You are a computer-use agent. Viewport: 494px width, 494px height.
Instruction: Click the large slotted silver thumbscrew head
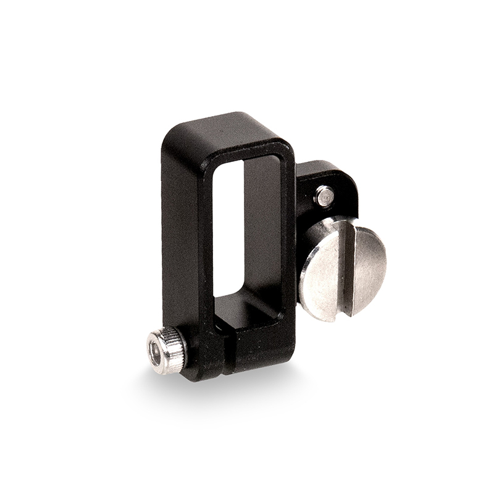click(343, 269)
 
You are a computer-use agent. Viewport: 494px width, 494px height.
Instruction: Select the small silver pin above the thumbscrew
click(324, 196)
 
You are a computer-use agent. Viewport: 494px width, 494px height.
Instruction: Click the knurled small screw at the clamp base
click(167, 351)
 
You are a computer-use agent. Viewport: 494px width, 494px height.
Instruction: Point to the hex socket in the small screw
click(156, 354)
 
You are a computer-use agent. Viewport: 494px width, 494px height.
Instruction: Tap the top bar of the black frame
click(235, 133)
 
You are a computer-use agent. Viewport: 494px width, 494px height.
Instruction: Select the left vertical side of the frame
click(182, 247)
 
